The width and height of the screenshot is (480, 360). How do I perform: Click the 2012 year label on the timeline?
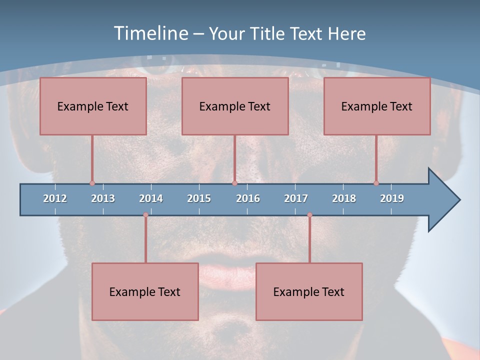[x=55, y=198]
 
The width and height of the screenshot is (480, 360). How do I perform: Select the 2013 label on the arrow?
[x=103, y=198]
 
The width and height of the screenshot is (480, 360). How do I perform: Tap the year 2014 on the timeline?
[x=151, y=198]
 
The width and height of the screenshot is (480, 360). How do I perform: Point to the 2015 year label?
[x=199, y=198]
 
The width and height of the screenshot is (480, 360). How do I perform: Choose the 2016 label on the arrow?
[x=248, y=198]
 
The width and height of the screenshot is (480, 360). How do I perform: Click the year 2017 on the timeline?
[x=296, y=198]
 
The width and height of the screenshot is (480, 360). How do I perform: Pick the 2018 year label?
[x=344, y=198]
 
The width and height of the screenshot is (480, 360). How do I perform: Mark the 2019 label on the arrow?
[x=392, y=198]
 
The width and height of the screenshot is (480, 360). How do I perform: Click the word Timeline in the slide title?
[x=150, y=33]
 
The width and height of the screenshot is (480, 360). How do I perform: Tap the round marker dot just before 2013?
[x=92, y=183]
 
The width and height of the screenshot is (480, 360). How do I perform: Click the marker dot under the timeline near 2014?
[x=145, y=215]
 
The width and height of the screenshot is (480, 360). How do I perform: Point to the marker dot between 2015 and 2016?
[x=234, y=183]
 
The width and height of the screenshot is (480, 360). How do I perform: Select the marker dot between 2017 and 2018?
[x=309, y=215]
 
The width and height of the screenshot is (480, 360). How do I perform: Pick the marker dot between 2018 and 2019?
[x=376, y=183]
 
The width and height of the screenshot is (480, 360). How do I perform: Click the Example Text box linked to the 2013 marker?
[x=93, y=106]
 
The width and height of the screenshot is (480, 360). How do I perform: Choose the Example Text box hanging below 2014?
[x=145, y=291]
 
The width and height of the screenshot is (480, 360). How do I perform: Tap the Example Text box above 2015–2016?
[x=235, y=106]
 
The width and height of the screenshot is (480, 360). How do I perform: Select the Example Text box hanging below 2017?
[x=309, y=291]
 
